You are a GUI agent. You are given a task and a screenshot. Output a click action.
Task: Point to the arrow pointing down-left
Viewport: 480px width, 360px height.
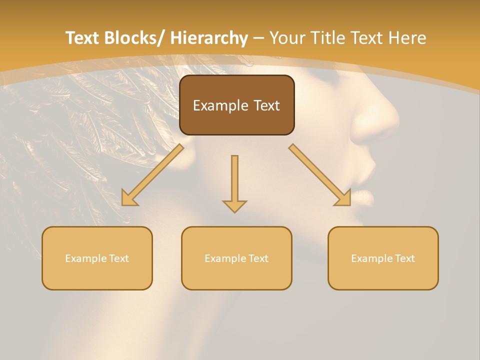(152, 175)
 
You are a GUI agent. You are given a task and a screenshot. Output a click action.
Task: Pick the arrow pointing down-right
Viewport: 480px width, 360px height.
(320, 175)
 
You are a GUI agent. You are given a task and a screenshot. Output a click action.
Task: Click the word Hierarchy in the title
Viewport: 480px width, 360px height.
(208, 38)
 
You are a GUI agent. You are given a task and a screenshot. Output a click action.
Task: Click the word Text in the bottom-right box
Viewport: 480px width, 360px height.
(404, 258)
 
